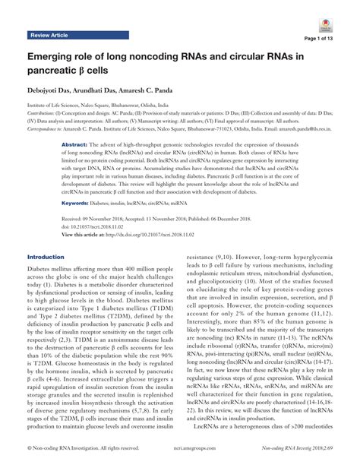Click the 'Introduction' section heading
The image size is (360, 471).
coord(47,257)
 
